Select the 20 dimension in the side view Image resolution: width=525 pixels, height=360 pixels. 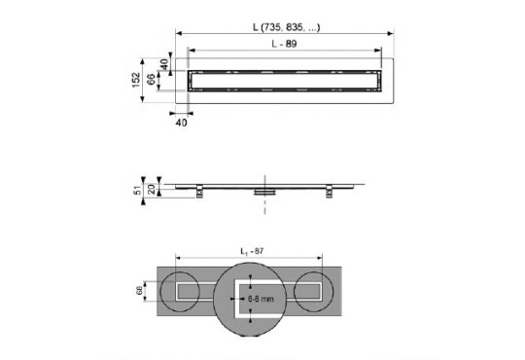(x=152, y=187)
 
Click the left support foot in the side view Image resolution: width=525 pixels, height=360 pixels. (x=199, y=190)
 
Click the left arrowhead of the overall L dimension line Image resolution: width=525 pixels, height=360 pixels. (x=178, y=34)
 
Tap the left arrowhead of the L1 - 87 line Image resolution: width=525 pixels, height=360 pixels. (x=178, y=259)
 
